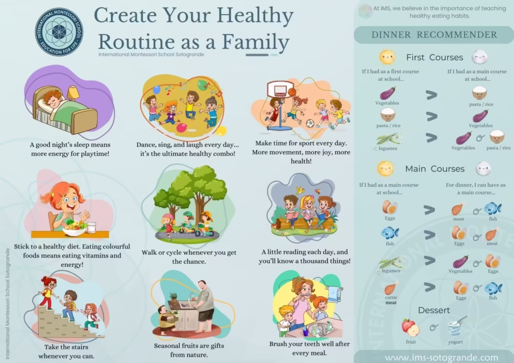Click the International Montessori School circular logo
(59, 32)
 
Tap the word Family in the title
(255, 43)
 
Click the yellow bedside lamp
(73, 92)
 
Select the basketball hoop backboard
(280, 89)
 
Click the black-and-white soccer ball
(310, 123)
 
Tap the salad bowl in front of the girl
(74, 228)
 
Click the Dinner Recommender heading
(434, 35)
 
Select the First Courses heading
(434, 57)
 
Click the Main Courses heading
(435, 168)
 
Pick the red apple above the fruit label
(411, 327)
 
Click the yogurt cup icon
(456, 327)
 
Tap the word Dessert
(434, 310)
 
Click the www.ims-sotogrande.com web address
(441, 358)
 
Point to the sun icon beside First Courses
(387, 57)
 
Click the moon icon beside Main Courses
(483, 169)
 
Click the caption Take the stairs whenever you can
(66, 351)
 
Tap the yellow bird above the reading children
(300, 190)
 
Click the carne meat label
(391, 300)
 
